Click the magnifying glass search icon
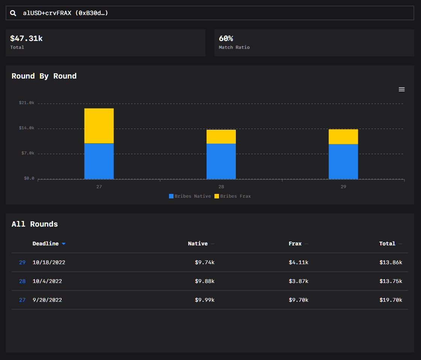(x=13, y=13)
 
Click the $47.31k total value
(x=26, y=38)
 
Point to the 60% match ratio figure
(x=226, y=38)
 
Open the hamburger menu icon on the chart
(x=401, y=89)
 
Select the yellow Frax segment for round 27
(x=99, y=126)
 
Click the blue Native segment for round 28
(x=221, y=161)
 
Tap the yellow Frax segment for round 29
(x=343, y=137)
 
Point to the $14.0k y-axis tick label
(x=27, y=128)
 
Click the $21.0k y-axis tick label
(x=27, y=103)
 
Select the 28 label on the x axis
(x=221, y=187)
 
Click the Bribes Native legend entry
(x=190, y=196)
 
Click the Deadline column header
(x=45, y=244)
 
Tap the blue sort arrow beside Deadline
(x=63, y=244)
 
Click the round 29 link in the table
(x=22, y=262)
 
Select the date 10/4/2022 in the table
(x=47, y=281)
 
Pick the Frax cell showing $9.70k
(x=298, y=300)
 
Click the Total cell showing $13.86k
(x=391, y=262)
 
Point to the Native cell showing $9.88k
(x=205, y=281)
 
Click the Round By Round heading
(x=44, y=76)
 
